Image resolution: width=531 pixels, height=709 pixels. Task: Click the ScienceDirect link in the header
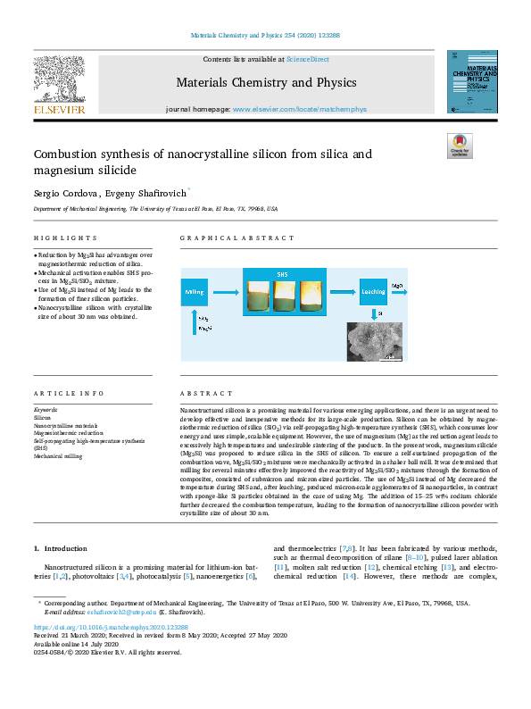(x=306, y=59)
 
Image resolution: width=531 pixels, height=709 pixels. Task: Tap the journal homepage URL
(x=300, y=109)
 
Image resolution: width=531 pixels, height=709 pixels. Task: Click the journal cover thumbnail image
(x=471, y=81)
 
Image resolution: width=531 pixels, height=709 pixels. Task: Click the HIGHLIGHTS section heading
(x=65, y=239)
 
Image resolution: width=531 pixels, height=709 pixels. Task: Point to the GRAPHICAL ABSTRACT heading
(x=236, y=239)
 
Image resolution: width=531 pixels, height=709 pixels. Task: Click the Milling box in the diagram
(x=195, y=291)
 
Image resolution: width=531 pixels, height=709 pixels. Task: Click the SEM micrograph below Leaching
(x=373, y=341)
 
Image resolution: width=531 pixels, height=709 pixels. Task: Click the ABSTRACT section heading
(x=201, y=394)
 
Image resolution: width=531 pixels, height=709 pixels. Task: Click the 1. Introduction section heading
(x=60, y=547)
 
